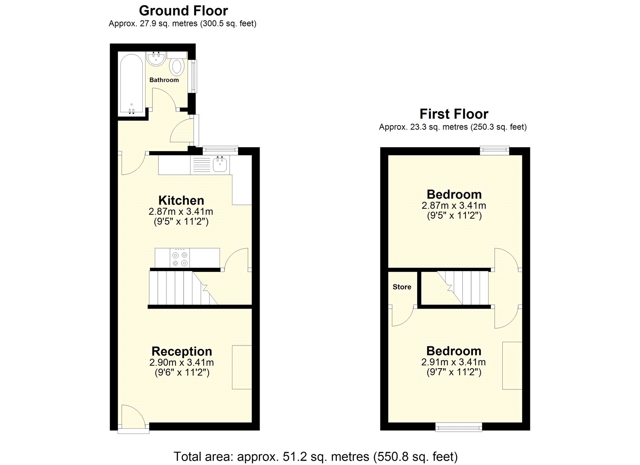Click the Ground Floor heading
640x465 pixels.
click(183, 11)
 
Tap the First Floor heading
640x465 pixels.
click(454, 114)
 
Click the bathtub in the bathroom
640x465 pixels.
click(132, 84)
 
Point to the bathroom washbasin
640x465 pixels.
click(156, 58)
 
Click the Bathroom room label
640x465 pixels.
click(164, 80)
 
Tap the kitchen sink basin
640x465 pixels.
click(220, 165)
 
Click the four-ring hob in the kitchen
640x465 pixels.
click(180, 258)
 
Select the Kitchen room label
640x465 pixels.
click(181, 200)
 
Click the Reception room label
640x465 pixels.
click(182, 351)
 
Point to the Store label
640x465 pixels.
click(402, 287)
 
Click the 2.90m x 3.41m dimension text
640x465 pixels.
click(182, 363)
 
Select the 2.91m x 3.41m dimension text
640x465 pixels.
click(454, 362)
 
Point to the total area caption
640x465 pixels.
click(316, 457)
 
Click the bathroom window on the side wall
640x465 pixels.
click(194, 76)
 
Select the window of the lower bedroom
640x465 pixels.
click(458, 427)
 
